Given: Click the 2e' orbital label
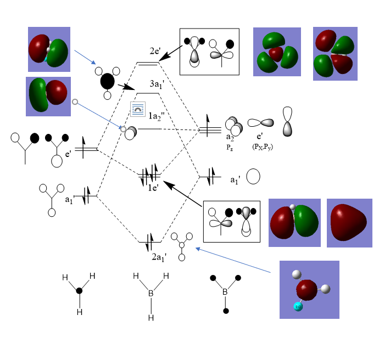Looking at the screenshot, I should (155, 50).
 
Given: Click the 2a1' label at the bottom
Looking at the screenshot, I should (159, 255).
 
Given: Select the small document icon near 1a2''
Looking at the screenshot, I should (137, 109).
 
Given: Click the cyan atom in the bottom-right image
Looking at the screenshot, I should (298, 307).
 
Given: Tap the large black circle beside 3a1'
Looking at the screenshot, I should (108, 82).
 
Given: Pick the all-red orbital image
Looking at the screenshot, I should (347, 222).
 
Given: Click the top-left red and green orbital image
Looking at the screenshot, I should (49, 49).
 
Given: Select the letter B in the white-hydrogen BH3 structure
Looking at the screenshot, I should (151, 294).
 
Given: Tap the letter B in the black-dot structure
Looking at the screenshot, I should (225, 291).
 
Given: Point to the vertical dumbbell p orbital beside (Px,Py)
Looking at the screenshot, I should (287, 121).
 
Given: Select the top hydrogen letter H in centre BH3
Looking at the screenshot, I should (136, 276).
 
